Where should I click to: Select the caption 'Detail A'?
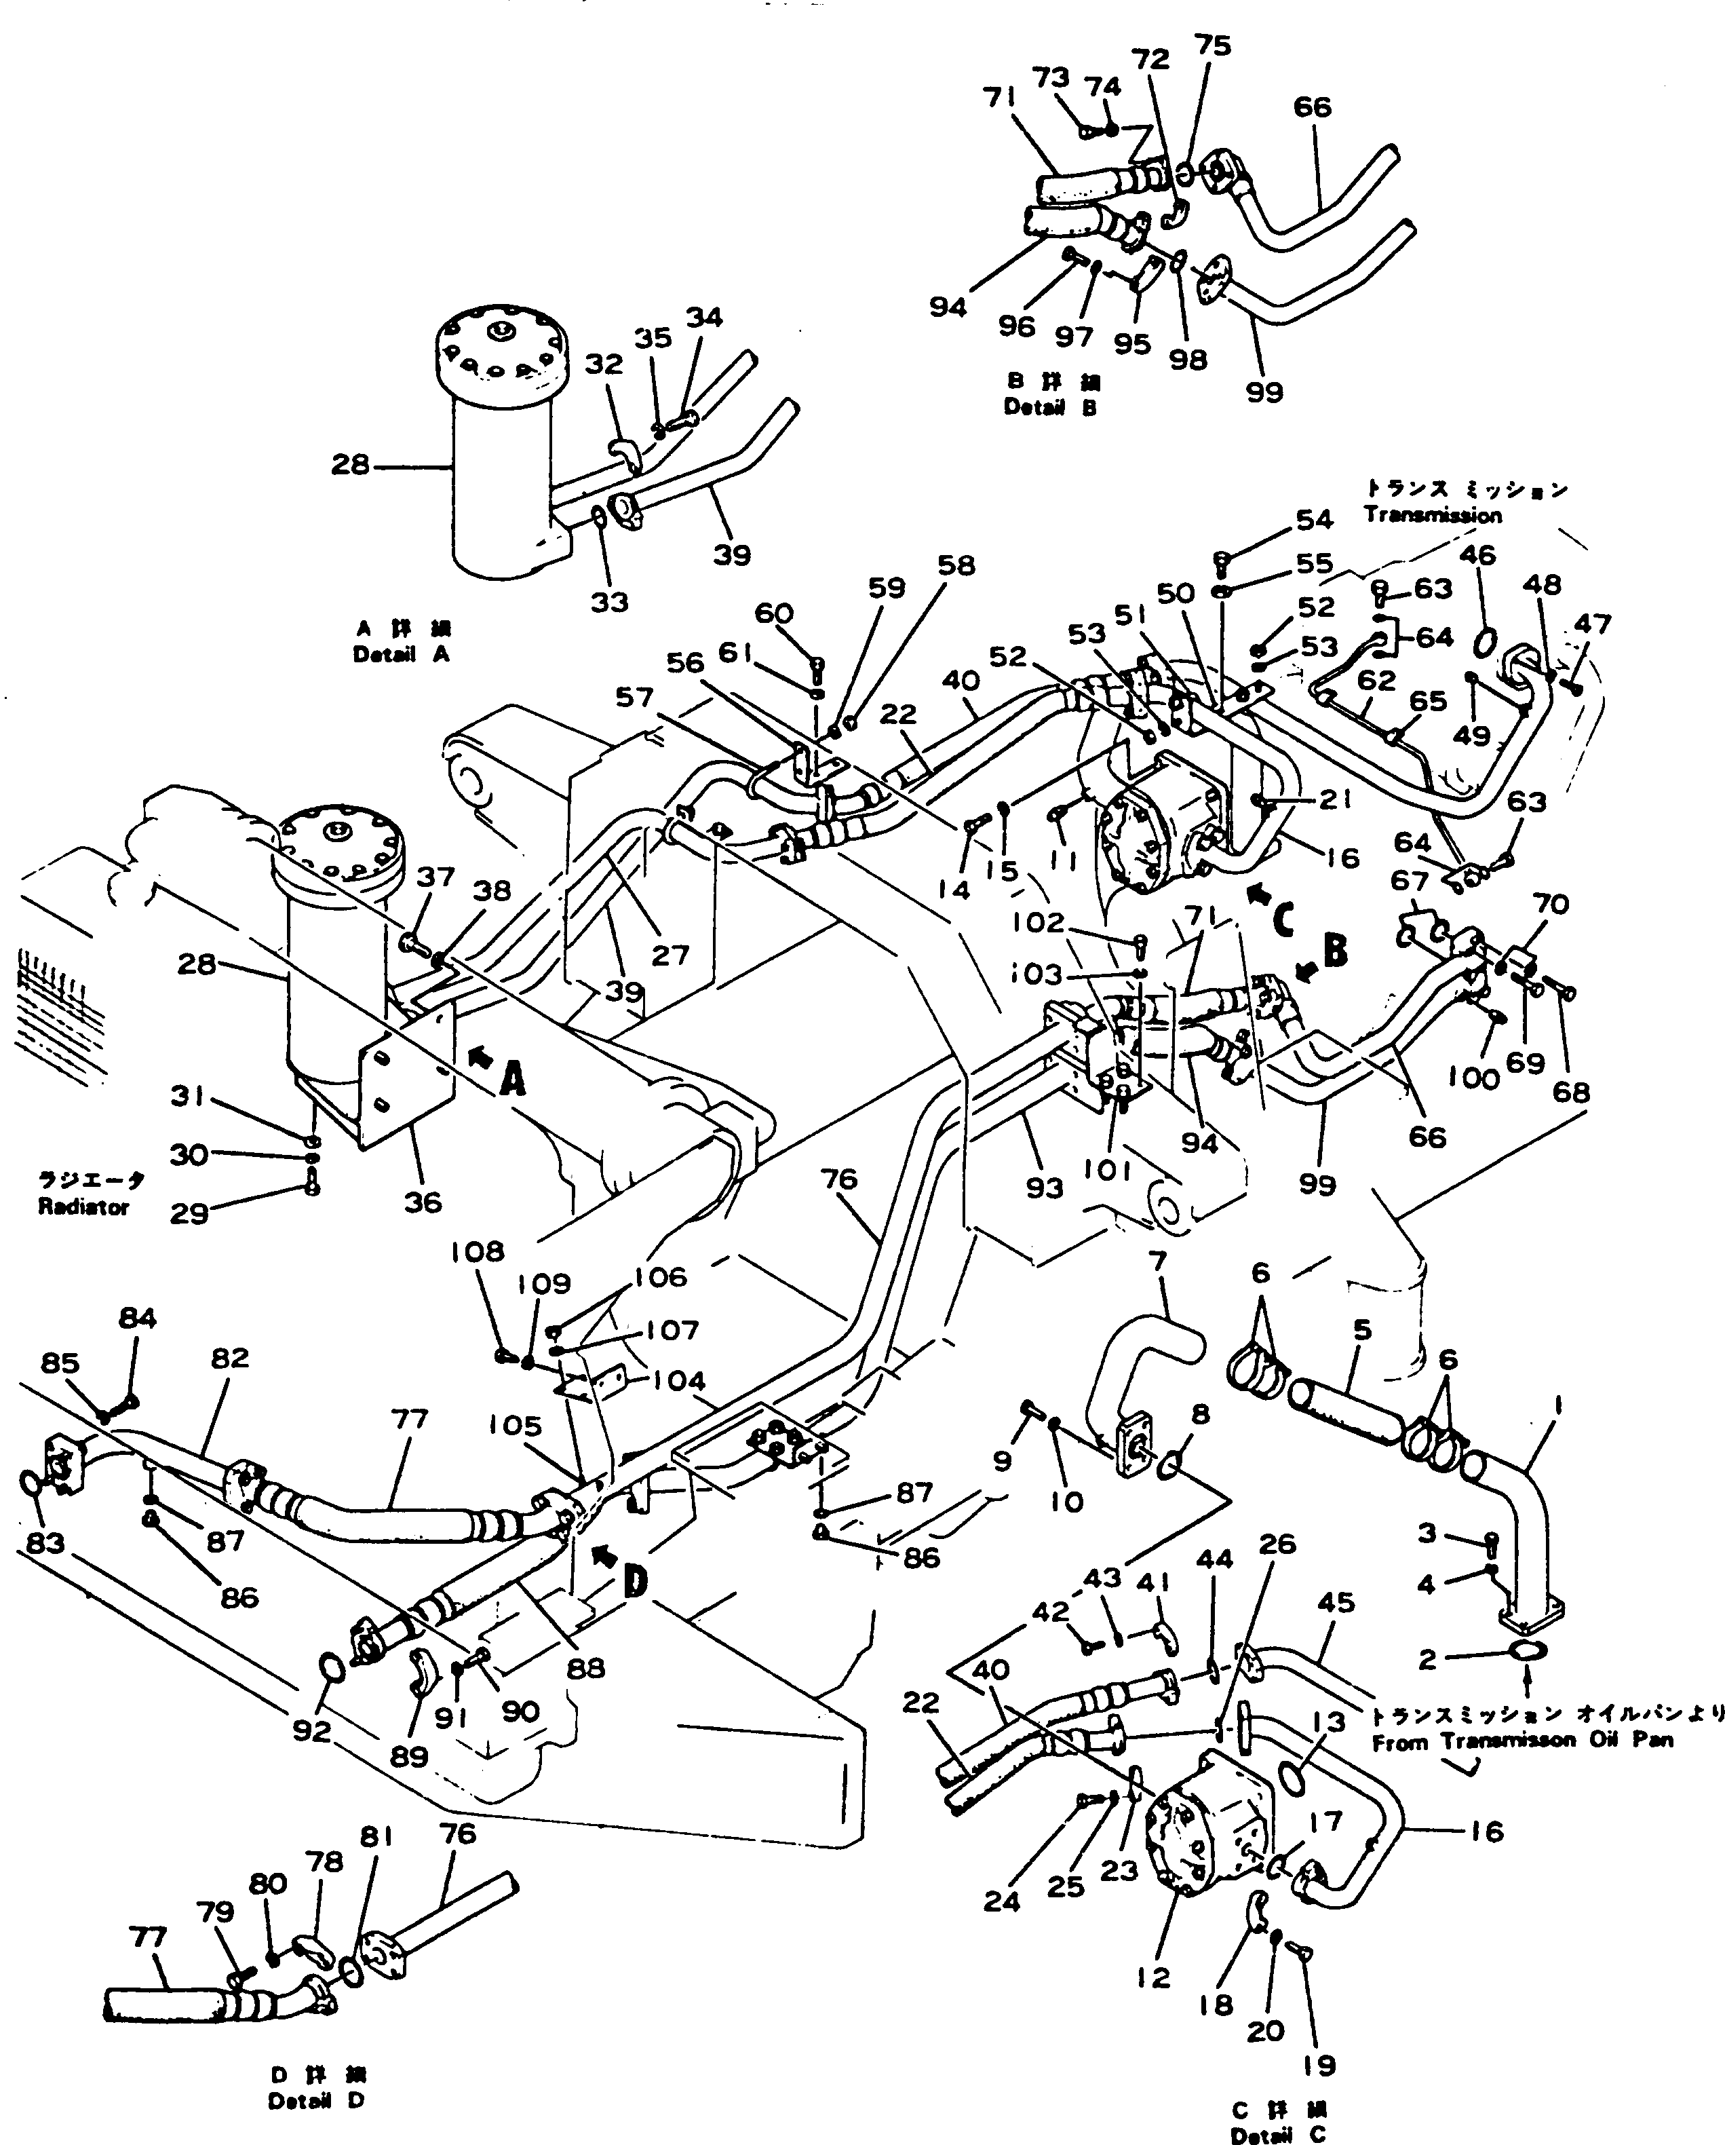[401, 655]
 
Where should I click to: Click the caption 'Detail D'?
[315, 2101]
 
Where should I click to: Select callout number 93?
[1045, 1187]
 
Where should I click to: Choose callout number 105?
[516, 1426]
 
